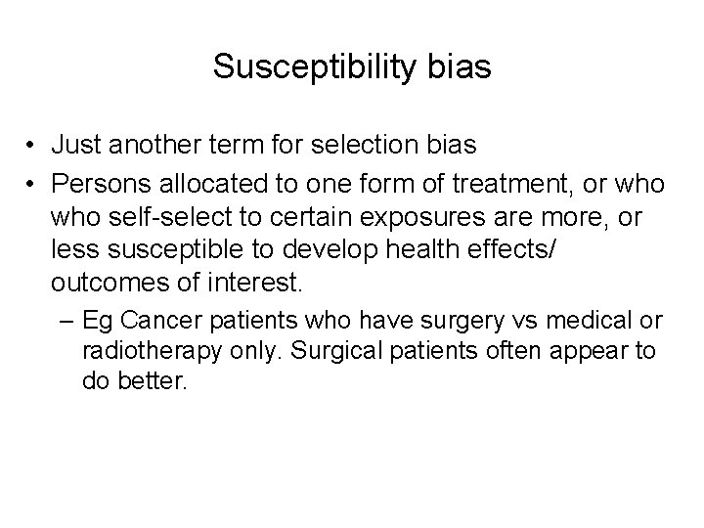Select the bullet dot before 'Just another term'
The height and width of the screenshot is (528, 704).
tap(32, 147)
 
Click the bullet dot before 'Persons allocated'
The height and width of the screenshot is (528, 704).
tap(32, 184)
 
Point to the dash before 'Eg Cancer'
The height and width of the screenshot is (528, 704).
tap(68, 322)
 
